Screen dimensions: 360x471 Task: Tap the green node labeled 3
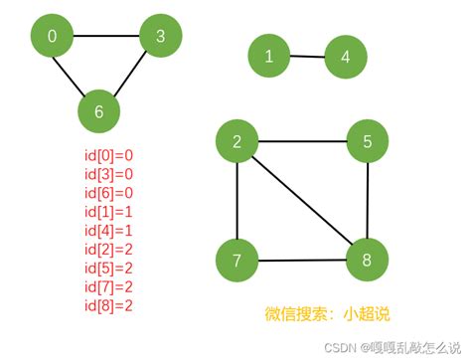pyautogui.click(x=160, y=37)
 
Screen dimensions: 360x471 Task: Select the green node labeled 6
pyautogui.click(x=98, y=110)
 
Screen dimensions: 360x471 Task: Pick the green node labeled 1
pyautogui.click(x=269, y=56)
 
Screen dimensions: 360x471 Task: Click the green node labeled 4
pyautogui.click(x=346, y=57)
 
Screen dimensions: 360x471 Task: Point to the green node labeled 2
pyautogui.click(x=237, y=142)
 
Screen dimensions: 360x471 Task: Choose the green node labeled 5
pyautogui.click(x=368, y=142)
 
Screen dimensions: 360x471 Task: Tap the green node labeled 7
pyautogui.click(x=237, y=262)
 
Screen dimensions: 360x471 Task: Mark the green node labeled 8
pyautogui.click(x=368, y=262)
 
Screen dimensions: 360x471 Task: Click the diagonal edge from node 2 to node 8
pyautogui.click(x=303, y=202)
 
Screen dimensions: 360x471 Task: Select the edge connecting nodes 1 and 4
pyautogui.click(x=308, y=56)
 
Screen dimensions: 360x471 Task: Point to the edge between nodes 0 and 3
pyautogui.click(x=105, y=37)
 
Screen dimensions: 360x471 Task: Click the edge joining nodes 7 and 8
pyautogui.click(x=303, y=262)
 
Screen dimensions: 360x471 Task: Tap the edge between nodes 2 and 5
pyautogui.click(x=303, y=142)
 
